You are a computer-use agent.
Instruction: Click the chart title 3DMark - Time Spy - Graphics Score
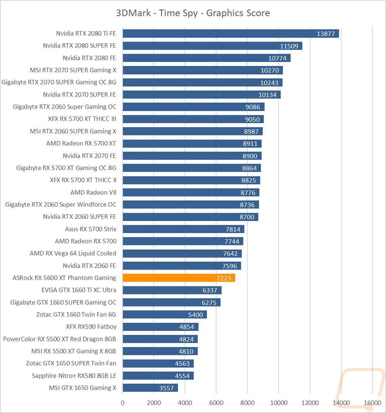point(193,13)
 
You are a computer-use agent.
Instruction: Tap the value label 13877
point(326,34)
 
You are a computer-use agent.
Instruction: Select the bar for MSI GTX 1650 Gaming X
point(150,388)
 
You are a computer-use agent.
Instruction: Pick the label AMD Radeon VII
point(93,192)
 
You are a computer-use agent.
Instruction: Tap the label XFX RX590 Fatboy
point(91,327)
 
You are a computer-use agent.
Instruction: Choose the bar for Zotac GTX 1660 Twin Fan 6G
point(164,315)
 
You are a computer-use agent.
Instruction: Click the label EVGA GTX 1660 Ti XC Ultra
point(79,290)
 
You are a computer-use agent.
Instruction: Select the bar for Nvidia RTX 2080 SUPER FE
point(212,46)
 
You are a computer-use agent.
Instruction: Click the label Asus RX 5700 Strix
point(90,229)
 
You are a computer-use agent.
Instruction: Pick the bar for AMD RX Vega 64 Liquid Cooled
point(182,253)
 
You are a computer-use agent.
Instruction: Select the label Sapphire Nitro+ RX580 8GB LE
point(74,376)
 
